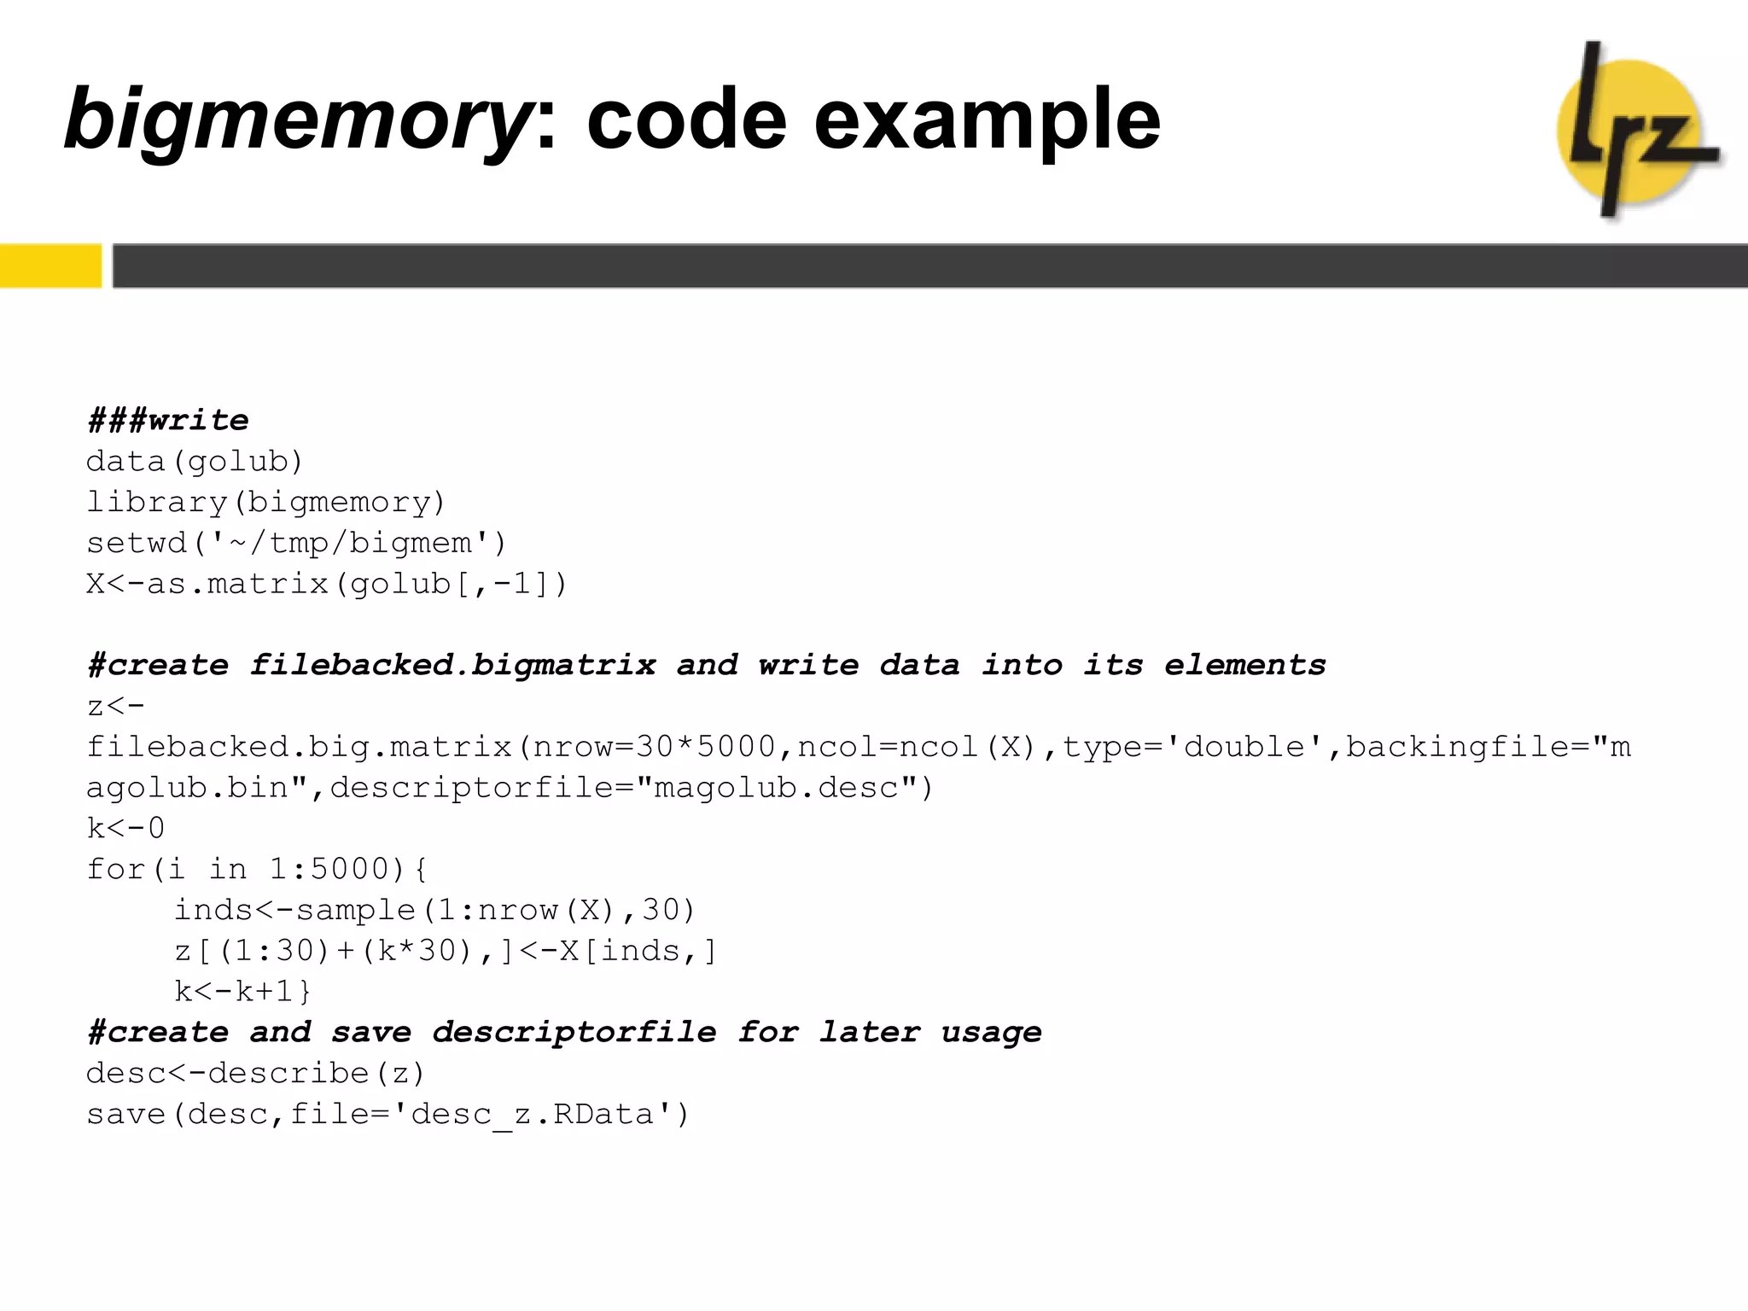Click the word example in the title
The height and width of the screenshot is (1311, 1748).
point(988,119)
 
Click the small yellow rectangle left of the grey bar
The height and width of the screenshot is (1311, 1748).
point(50,265)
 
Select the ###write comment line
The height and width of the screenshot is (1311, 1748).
point(168,420)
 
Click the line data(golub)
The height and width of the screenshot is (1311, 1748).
point(195,462)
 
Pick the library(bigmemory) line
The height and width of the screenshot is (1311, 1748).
point(266,502)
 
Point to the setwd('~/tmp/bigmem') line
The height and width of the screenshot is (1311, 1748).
point(297,543)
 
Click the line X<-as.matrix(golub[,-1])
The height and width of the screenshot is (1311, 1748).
point(327,584)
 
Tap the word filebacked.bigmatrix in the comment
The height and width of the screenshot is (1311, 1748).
point(452,665)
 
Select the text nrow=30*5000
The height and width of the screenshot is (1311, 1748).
point(655,747)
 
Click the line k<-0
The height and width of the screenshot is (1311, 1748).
point(126,828)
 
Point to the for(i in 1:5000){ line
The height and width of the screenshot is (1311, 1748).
point(257,869)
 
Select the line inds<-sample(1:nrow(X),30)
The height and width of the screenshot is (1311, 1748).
point(435,910)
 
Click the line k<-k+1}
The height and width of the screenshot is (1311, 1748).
point(243,991)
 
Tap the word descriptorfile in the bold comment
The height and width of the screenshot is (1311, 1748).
point(574,1033)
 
